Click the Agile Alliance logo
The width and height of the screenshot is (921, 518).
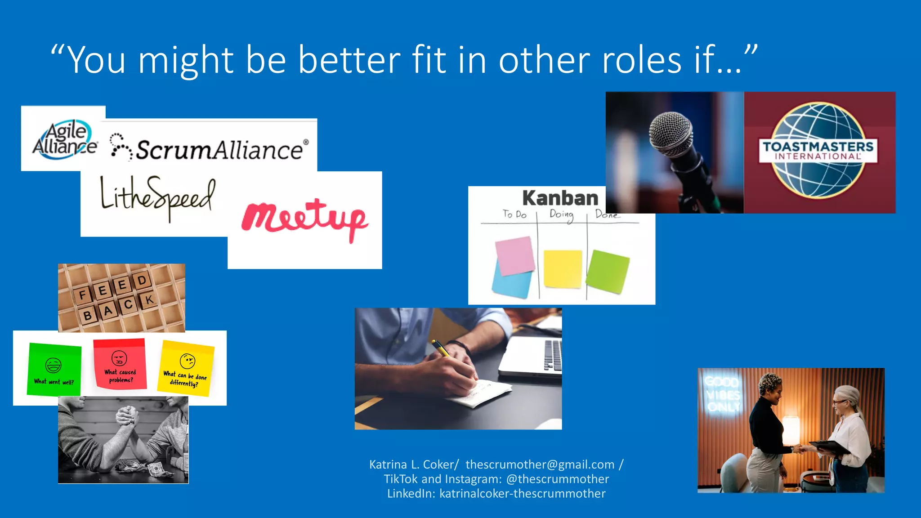[64, 139]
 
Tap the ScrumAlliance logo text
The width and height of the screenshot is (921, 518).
[219, 150]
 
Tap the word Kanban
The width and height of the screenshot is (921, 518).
[560, 198]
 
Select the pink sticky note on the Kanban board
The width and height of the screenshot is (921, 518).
[515, 255]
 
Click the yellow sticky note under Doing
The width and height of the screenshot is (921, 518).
[563, 268]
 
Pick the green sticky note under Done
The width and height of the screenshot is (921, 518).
[608, 271]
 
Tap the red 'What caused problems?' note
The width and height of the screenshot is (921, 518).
[120, 364]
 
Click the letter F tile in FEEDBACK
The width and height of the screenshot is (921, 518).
[82, 295]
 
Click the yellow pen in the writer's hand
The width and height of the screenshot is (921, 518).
[441, 349]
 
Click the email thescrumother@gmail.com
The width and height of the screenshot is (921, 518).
[540, 464]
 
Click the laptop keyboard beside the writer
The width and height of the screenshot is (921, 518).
[553, 355]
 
